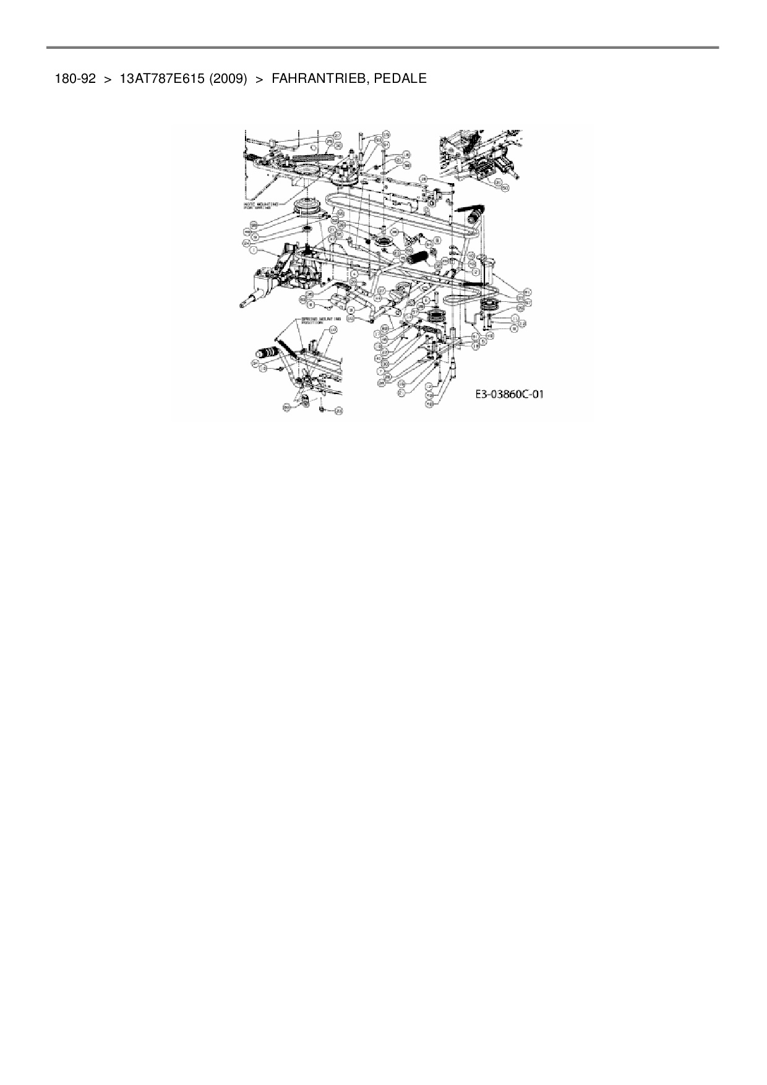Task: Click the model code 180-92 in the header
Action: tap(75, 79)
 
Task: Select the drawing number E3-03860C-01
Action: tap(510, 394)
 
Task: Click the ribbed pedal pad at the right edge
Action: tap(477, 217)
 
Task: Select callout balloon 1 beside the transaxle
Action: tap(252, 251)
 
